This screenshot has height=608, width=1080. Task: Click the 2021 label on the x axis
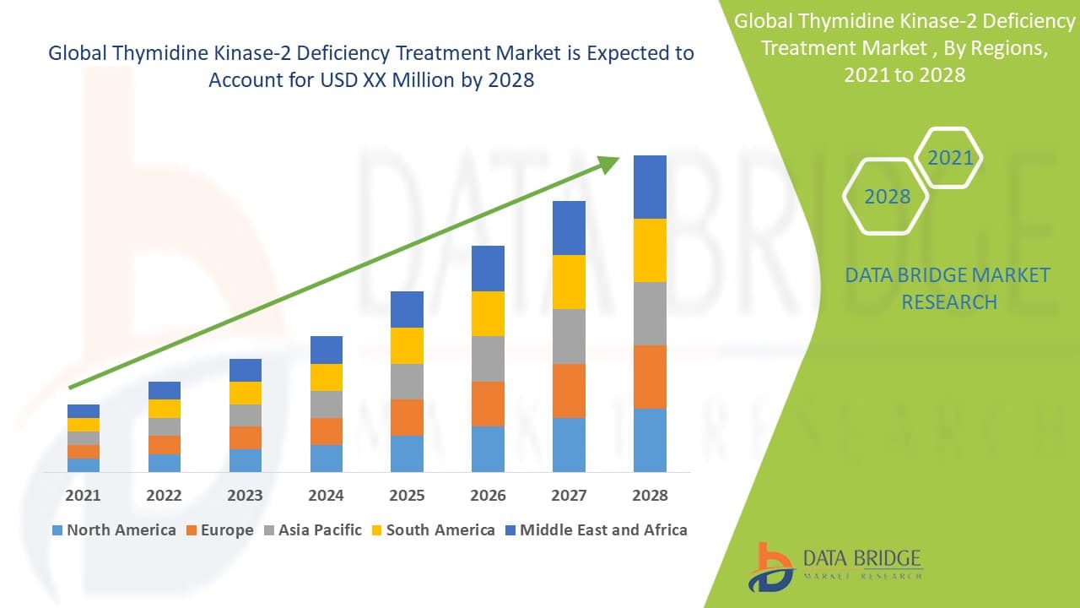pos(83,496)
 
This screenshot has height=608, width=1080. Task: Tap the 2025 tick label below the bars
pos(407,496)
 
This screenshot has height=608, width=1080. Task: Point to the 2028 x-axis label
pos(650,496)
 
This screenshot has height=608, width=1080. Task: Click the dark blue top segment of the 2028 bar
pos(650,187)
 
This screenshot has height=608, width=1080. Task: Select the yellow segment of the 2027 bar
pos(569,282)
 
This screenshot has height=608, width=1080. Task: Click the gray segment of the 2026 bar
pos(488,359)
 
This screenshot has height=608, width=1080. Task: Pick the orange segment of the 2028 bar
pos(650,377)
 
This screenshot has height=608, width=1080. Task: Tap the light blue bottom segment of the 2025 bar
pos(407,453)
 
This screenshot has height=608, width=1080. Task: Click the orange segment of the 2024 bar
pos(326,432)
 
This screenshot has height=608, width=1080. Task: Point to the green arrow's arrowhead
pos(609,164)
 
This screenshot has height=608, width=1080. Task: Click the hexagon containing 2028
pos(886,197)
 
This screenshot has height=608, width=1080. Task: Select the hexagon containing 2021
pos(949,158)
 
